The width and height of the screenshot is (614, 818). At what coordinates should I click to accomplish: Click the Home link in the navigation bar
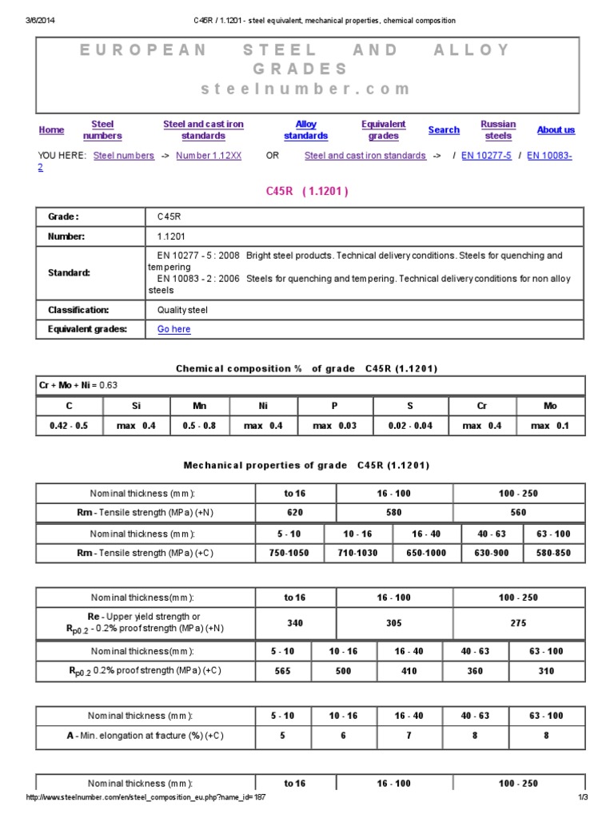click(51, 130)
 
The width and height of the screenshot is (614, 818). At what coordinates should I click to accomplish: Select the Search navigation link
click(444, 130)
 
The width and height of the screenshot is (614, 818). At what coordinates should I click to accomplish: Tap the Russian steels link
click(498, 130)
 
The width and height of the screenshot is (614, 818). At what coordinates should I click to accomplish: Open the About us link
click(556, 130)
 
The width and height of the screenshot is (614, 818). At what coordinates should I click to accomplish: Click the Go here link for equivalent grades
click(174, 329)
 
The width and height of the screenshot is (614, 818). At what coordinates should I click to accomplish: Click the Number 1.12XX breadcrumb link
click(209, 156)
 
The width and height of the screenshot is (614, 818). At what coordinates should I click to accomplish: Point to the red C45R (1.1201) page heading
click(306, 192)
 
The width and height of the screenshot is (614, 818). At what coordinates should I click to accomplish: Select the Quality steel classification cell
click(182, 310)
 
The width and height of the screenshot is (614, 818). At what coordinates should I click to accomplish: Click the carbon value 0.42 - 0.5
click(69, 426)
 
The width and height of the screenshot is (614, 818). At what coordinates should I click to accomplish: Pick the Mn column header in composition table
click(199, 406)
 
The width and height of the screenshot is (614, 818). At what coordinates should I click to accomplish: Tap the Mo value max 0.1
click(550, 426)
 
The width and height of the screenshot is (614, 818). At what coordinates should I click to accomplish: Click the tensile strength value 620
click(295, 513)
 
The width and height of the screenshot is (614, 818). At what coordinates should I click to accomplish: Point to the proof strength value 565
click(282, 671)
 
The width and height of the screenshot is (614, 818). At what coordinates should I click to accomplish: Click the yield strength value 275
click(518, 623)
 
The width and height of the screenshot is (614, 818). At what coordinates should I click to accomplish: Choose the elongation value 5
click(282, 736)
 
